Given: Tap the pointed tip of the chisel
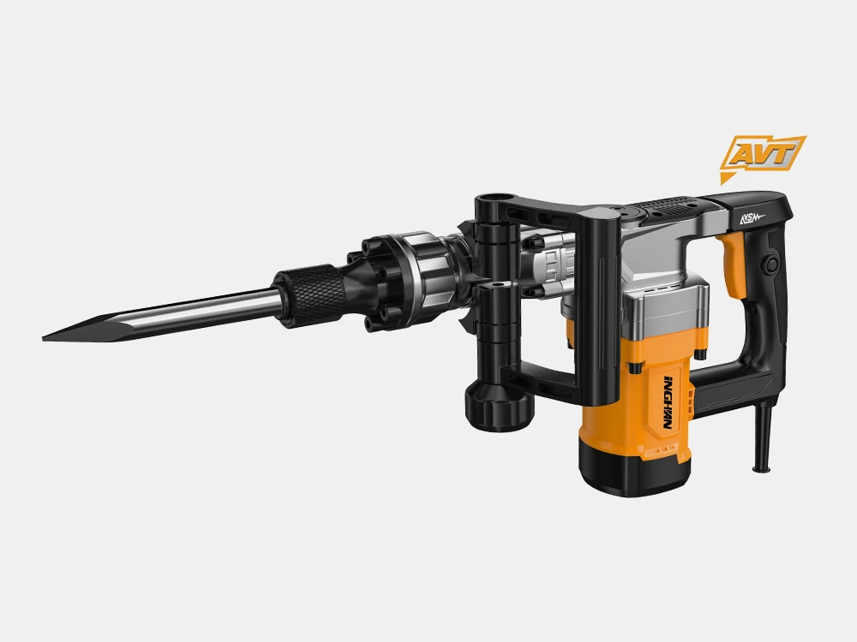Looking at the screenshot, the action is point(43,339).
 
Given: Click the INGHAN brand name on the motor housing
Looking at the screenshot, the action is point(668,402).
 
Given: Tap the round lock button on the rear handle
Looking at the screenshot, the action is point(772,265).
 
